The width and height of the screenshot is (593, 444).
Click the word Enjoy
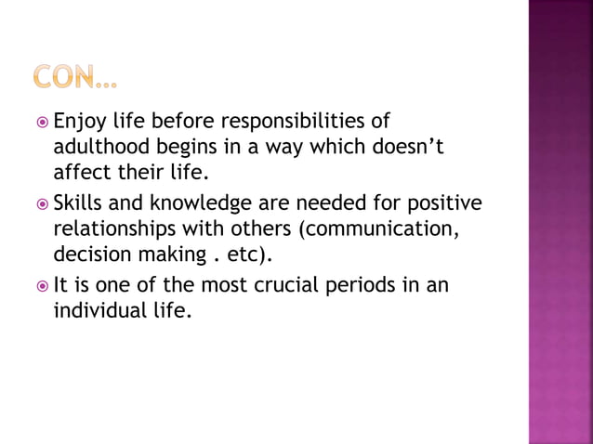(x=79, y=123)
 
